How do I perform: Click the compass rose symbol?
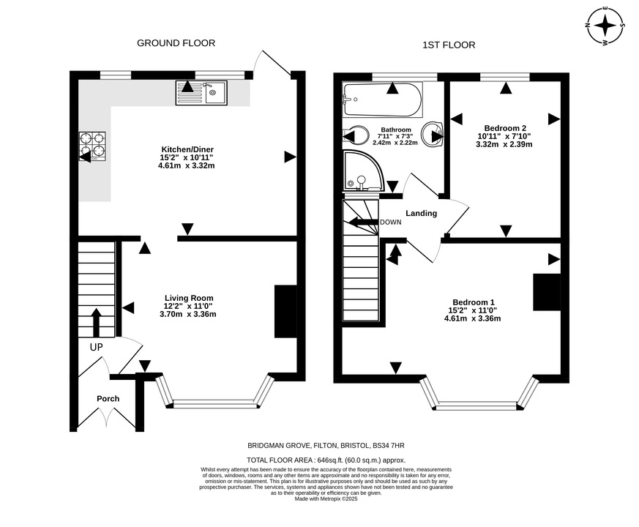pyautogui.click(x=605, y=26)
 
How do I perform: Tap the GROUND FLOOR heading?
pyautogui.click(x=176, y=43)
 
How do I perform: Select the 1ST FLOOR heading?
pyautogui.click(x=449, y=45)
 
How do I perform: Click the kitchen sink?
pyautogui.click(x=201, y=92)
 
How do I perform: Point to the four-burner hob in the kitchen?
pyautogui.click(x=92, y=146)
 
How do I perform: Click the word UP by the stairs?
pyautogui.click(x=96, y=347)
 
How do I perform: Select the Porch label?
pyautogui.click(x=108, y=399)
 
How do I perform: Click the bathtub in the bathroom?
pyautogui.click(x=382, y=100)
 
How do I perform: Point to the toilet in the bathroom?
pyautogui.click(x=355, y=135)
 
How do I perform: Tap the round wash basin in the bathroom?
pyautogui.click(x=433, y=134)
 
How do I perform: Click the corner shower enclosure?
pyautogui.click(x=363, y=171)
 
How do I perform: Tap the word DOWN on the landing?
pyautogui.click(x=390, y=223)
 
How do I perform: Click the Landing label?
pyautogui.click(x=422, y=213)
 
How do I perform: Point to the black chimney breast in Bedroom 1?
pyautogui.click(x=547, y=292)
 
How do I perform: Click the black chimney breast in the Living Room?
pyautogui.click(x=285, y=311)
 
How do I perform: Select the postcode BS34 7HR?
pyautogui.click(x=388, y=446)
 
